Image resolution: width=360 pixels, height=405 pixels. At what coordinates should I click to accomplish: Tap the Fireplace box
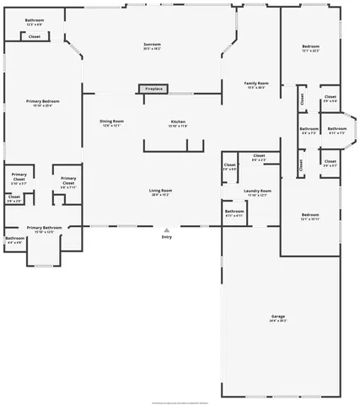(x=153, y=89)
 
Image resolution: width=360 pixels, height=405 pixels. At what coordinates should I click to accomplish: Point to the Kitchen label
(x=178, y=123)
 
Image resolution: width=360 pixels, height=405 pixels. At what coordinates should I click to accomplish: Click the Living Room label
(x=161, y=192)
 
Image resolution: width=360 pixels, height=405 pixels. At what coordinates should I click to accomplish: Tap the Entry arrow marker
(x=167, y=229)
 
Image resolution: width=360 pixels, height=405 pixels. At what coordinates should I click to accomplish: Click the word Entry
(x=167, y=237)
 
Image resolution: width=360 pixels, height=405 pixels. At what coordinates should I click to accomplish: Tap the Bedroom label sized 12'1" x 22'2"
(x=311, y=48)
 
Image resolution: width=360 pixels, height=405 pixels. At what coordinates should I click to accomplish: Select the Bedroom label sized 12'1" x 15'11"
(x=310, y=217)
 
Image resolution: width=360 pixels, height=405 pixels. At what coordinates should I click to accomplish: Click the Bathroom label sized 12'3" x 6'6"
(x=35, y=22)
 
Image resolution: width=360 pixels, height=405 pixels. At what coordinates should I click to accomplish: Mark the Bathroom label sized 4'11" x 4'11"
(x=234, y=213)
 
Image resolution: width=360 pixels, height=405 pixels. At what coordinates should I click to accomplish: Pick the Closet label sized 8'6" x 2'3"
(x=259, y=158)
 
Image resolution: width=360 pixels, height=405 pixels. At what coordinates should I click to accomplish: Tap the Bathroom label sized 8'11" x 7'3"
(x=336, y=131)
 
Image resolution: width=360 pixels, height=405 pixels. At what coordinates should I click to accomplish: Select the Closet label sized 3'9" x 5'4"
(x=330, y=100)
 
